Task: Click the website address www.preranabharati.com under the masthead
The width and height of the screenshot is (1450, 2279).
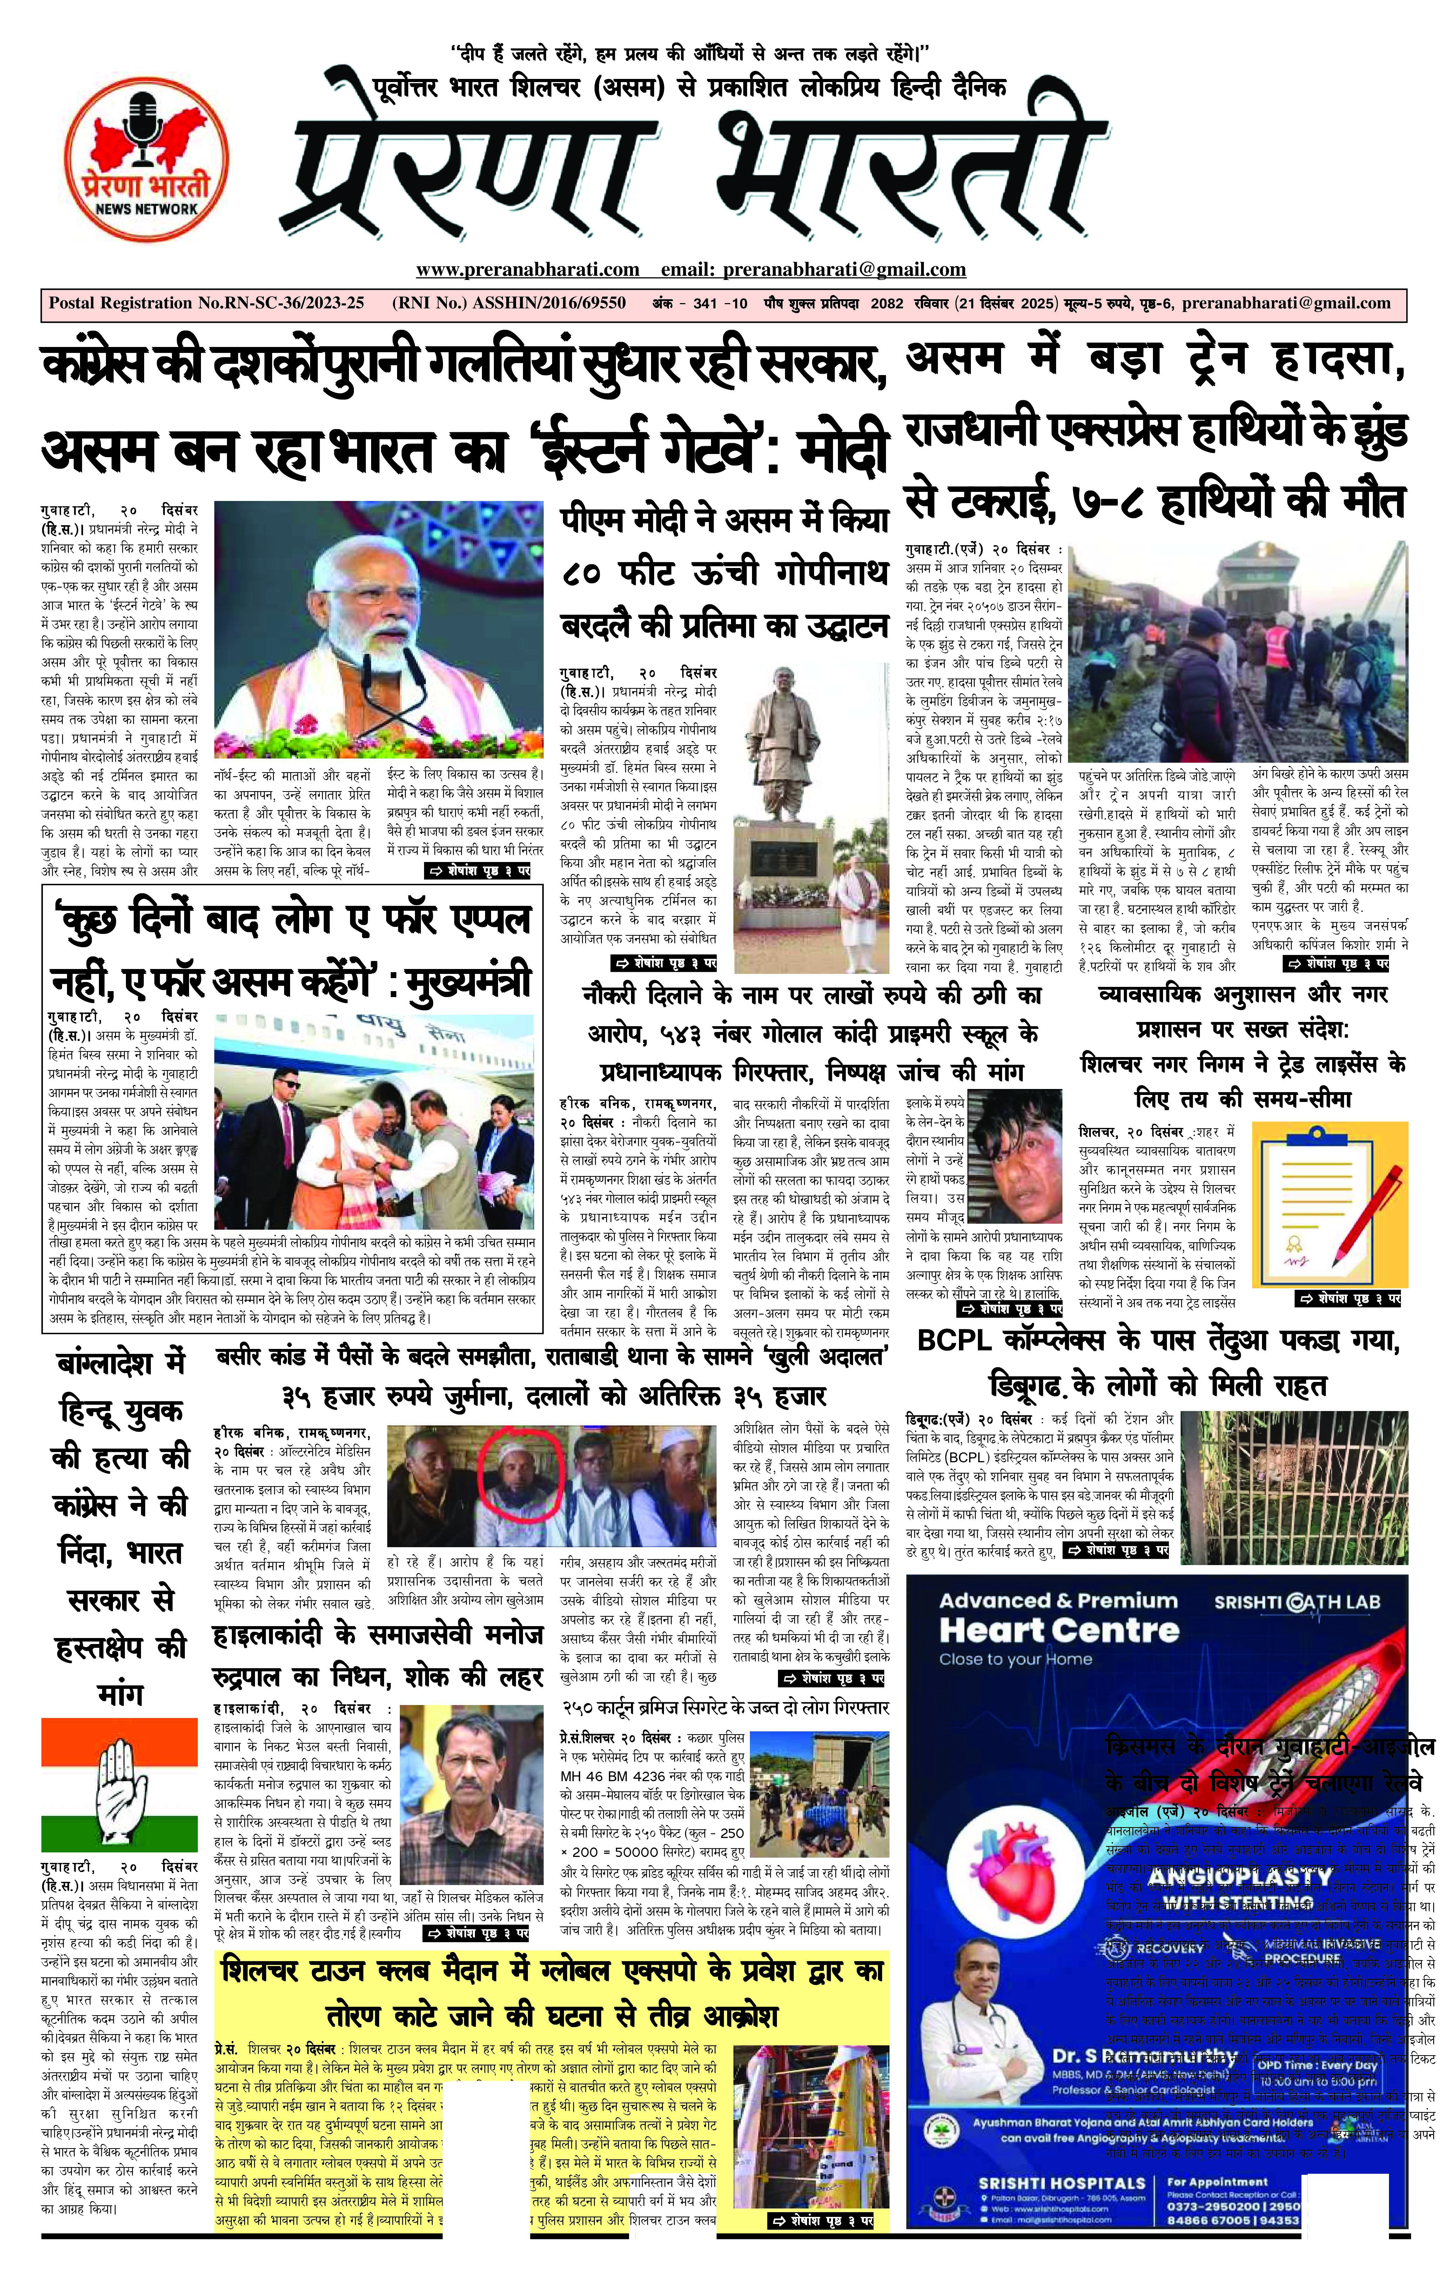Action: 527,270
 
